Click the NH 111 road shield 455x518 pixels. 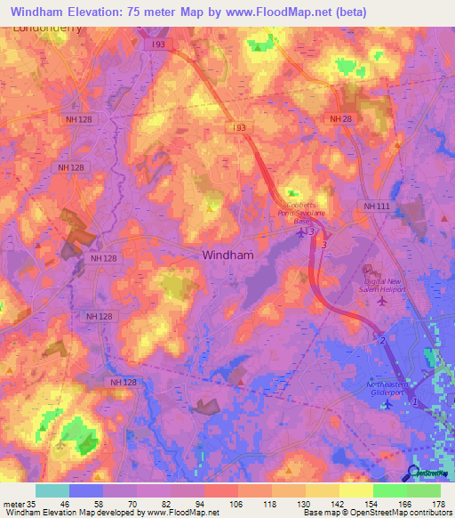tap(378, 206)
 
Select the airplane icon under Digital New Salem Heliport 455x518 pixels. tap(383, 301)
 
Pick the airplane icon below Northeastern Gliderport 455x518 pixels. tap(387, 405)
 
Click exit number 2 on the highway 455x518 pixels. tap(382, 340)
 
